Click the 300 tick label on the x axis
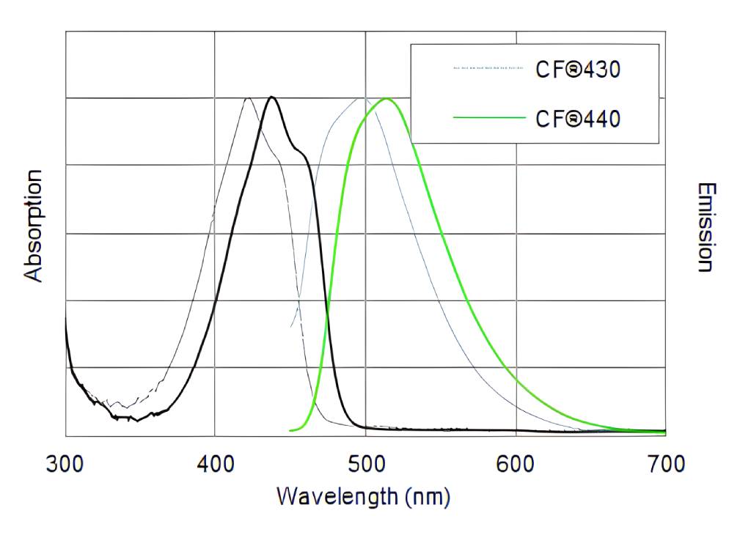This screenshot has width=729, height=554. [65, 464]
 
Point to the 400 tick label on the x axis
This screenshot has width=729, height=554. [215, 464]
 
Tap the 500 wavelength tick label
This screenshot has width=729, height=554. [366, 464]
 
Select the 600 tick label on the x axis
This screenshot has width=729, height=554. [516, 464]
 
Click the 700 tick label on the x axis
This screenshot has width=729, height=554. [666, 464]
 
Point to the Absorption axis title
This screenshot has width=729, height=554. [34, 225]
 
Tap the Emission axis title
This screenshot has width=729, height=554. [705, 227]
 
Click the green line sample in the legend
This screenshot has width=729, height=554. [489, 117]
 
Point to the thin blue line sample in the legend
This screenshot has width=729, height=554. [489, 68]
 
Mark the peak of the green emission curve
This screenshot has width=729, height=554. [386, 98]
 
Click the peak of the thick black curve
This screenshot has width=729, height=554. [272, 97]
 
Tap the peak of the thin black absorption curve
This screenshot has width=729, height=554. [248, 98]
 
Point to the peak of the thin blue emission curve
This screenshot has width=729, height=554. [361, 98]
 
